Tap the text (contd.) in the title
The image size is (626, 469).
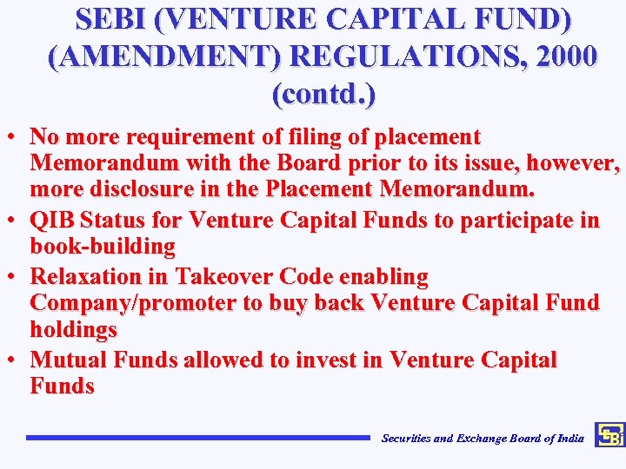pyautogui.click(x=324, y=92)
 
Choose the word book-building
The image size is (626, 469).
pyautogui.click(x=103, y=247)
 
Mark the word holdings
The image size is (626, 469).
pyautogui.click(x=73, y=329)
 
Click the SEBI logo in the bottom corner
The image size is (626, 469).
pyautogui.click(x=609, y=436)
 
